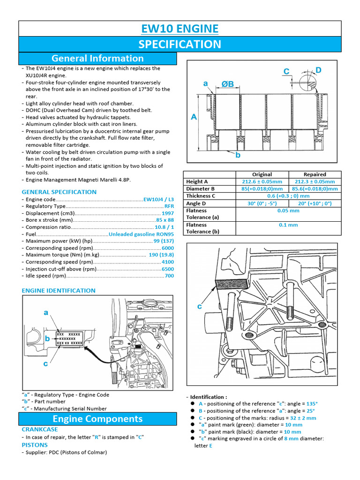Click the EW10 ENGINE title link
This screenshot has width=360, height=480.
point(180,29)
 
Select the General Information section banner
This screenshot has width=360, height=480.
point(97,59)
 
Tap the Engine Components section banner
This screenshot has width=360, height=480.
point(97,419)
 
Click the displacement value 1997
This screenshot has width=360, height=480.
point(167,213)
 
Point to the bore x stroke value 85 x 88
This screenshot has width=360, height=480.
point(165,220)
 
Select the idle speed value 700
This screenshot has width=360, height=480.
point(169,276)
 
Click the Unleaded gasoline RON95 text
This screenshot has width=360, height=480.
point(141,234)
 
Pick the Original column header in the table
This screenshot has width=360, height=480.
point(262,174)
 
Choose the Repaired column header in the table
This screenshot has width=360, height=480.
point(315,174)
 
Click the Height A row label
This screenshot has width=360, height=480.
point(197,182)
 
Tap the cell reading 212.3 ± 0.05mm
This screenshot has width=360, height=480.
point(315,182)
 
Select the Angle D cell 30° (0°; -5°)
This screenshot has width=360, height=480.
point(262,203)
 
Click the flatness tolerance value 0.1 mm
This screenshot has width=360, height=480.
point(288,225)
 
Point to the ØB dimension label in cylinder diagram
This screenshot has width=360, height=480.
point(227,84)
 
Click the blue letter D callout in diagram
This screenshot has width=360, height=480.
point(318,70)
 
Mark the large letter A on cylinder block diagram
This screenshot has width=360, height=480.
point(194,118)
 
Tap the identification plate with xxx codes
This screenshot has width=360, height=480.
point(69,338)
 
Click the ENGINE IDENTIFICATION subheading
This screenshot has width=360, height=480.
point(59,291)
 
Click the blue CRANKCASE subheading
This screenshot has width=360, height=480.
point(40,429)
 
